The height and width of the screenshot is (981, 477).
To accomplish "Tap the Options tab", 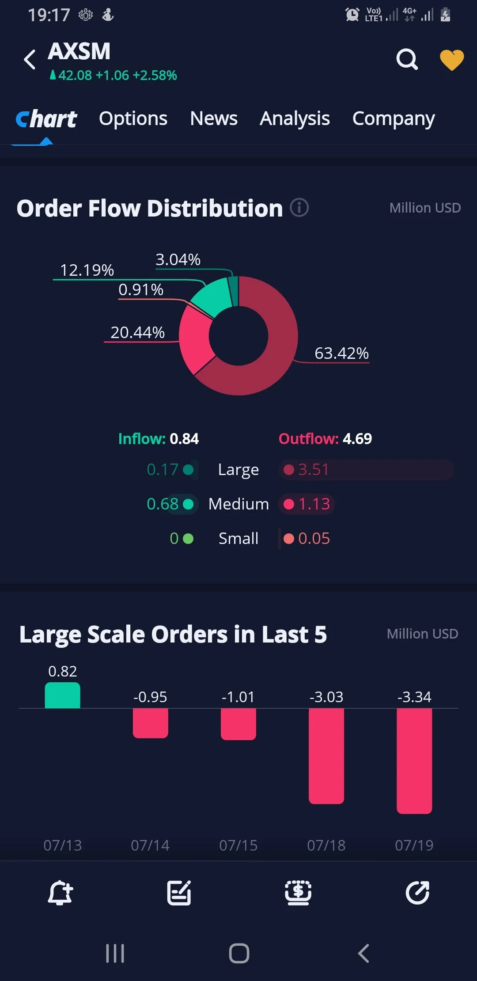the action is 133,119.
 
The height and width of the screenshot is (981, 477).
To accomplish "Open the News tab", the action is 214,118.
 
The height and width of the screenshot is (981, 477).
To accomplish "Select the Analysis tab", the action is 295,119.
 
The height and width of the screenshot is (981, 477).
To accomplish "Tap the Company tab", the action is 394,119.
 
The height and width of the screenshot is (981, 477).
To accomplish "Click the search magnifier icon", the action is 407,59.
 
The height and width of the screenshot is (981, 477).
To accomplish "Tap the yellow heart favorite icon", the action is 452,60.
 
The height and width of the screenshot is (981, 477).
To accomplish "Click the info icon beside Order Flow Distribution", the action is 299,207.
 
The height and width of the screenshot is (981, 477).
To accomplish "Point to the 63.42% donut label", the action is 341,353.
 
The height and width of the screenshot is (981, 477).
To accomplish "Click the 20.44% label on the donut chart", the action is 137,332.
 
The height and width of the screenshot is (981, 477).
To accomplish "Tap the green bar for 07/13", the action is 62,695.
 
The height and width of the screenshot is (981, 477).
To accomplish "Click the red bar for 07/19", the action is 414,761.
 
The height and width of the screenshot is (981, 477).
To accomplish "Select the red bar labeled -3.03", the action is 326,756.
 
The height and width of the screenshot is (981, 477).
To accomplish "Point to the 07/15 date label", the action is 238,845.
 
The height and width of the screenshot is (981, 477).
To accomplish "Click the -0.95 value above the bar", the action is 150,697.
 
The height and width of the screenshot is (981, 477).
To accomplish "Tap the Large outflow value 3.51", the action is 314,469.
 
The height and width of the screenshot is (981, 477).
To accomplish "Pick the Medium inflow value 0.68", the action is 163,504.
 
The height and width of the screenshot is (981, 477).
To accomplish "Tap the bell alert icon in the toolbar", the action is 60,893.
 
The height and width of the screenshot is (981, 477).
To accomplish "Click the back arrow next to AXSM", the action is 30,59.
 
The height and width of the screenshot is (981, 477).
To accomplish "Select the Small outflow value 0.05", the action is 314,538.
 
